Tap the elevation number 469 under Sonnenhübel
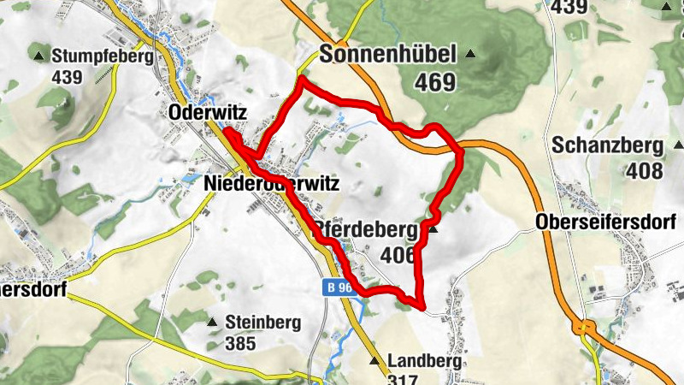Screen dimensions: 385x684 (435, 83)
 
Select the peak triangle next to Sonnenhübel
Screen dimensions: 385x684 (469, 55)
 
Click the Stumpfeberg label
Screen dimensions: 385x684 (102, 56)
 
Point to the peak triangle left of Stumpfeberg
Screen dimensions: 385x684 (39, 57)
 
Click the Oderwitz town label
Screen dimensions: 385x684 (202, 113)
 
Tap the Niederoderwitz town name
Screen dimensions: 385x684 (273, 184)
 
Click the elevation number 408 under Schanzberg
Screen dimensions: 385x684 (644, 171)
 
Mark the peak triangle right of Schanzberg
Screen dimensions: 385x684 (678, 145)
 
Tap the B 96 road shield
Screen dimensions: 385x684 (339, 288)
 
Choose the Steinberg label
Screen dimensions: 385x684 (264, 323)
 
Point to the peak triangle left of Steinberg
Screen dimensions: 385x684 (212, 323)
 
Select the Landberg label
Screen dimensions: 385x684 (424, 361)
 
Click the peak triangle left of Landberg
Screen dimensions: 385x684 (374, 361)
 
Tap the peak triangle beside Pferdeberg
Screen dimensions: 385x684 (433, 229)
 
